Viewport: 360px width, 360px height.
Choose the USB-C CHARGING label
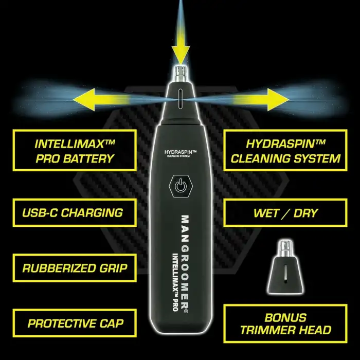[x=75, y=212]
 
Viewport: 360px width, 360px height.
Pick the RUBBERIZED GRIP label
[x=75, y=268]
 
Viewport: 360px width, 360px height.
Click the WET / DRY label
[x=285, y=213]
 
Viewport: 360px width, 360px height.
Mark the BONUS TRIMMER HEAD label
[x=285, y=323]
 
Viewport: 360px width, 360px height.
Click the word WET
[x=267, y=213]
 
